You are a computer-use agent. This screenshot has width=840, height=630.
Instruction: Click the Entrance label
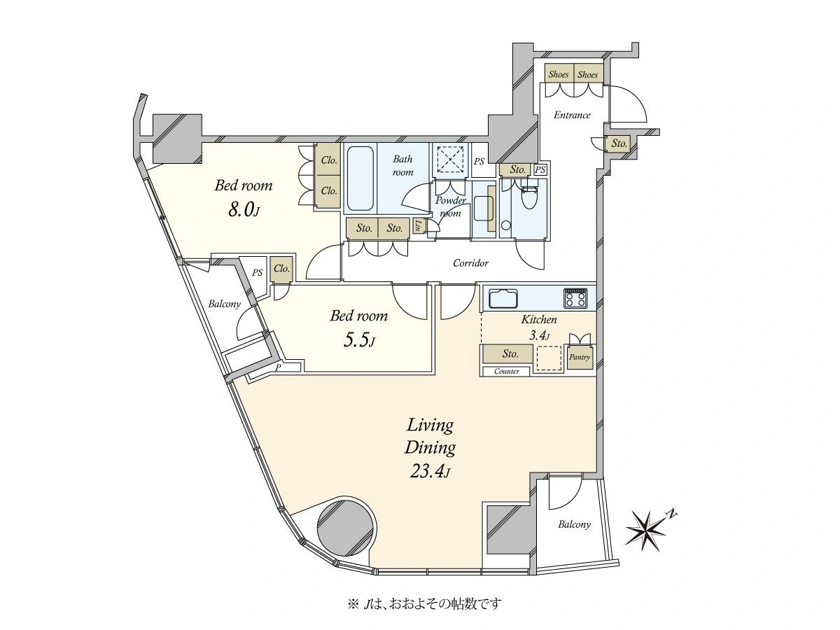572,115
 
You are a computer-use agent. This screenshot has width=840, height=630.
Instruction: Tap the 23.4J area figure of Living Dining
430,472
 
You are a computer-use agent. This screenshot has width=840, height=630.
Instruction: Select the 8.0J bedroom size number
244,210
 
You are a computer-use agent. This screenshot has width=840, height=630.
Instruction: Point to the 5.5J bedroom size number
358,339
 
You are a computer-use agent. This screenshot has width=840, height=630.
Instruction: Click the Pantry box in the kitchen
580,358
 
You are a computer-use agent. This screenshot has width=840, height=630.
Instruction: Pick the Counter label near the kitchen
506,372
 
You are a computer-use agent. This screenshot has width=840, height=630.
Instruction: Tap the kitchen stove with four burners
575,298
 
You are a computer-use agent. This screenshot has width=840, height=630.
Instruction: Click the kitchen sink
503,298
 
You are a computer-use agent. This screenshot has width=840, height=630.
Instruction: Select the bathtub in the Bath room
360,178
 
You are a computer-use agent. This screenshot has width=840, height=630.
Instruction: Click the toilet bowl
529,197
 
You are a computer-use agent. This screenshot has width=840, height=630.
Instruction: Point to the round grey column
346,530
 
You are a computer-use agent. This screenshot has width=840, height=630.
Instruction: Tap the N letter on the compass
671,514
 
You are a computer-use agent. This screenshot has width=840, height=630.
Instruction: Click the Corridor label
470,263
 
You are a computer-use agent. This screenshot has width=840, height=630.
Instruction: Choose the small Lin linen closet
419,226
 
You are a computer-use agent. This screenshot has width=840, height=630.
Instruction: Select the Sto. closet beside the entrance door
619,143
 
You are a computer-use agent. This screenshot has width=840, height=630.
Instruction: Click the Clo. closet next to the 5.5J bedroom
281,269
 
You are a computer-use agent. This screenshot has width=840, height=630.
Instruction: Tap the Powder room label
450,206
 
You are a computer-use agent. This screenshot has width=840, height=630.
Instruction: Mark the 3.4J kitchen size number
538,336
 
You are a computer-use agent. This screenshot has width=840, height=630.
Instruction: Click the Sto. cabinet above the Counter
507,353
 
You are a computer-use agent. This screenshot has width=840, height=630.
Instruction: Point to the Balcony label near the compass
574,524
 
